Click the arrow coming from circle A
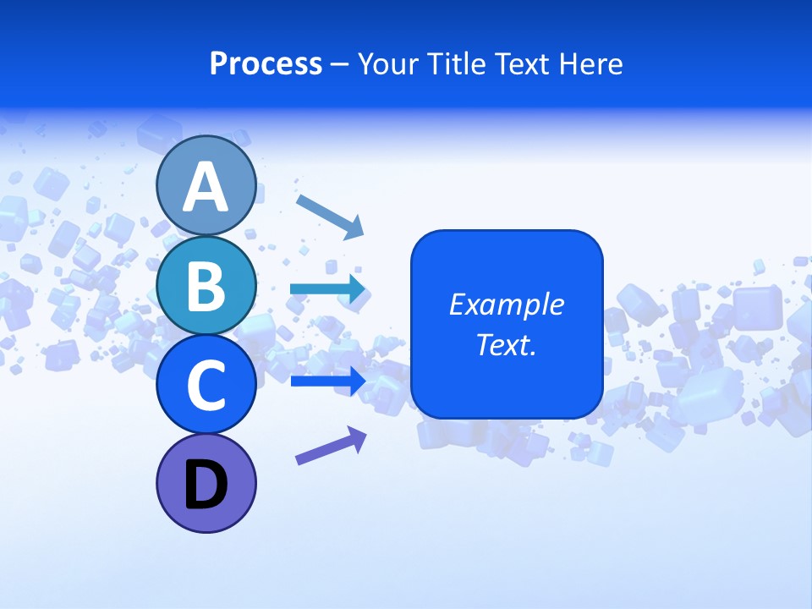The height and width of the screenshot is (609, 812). (330, 215)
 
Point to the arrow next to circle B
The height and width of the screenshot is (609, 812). (328, 289)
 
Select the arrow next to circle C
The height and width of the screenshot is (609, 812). (328, 381)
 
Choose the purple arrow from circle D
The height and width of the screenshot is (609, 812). (331, 446)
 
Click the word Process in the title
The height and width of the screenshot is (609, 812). (266, 64)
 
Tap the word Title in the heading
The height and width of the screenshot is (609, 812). (454, 64)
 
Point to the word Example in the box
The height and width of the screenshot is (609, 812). (507, 304)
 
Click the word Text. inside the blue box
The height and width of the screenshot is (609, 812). (507, 345)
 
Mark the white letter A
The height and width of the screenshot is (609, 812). (206, 187)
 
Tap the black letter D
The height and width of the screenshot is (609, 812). (206, 485)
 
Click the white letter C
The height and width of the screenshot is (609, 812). (206, 387)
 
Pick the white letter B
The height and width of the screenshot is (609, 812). (206, 286)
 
